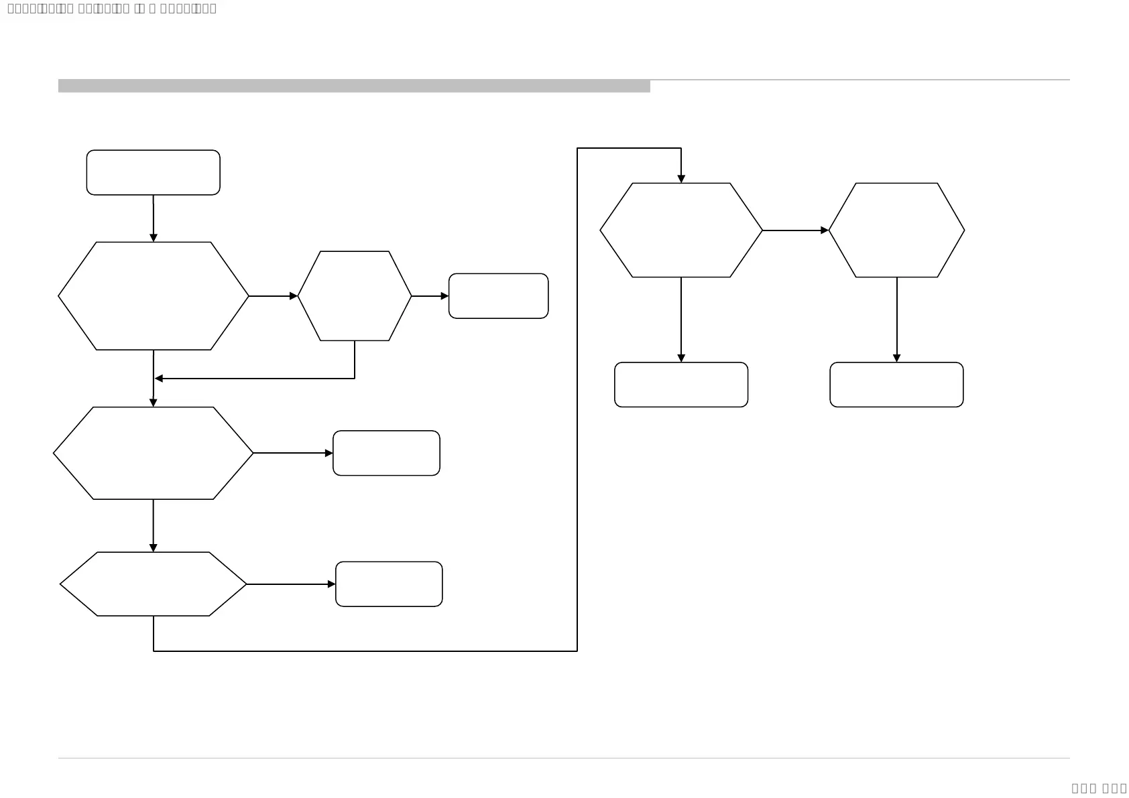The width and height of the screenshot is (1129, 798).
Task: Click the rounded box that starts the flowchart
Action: coord(153,172)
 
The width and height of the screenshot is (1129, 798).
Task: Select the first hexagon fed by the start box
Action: coord(153,295)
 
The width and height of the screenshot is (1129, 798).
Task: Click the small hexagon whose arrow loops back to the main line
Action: coord(354,295)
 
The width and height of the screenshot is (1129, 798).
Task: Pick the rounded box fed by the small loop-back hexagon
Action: coord(498,295)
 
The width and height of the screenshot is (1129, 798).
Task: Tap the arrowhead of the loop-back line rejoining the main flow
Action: coord(159,379)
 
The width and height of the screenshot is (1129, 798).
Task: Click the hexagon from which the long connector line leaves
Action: coord(153,584)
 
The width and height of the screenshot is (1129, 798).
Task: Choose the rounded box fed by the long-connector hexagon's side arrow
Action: coord(389,584)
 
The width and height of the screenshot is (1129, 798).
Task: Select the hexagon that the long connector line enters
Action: coord(680,230)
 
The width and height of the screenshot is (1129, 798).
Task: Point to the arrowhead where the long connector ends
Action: coord(681,179)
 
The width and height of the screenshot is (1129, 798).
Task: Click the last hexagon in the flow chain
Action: coord(896,230)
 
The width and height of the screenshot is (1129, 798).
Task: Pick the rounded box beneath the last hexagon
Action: coord(896,385)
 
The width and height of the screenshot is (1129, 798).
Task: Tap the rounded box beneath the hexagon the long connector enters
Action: coord(680,385)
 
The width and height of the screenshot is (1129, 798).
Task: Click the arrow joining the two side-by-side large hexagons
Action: coord(795,230)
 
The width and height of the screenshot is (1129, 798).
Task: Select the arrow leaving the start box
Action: coord(154,218)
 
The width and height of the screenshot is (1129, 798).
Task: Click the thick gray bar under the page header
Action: coord(354,86)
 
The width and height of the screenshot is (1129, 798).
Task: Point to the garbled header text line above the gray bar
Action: coord(111,9)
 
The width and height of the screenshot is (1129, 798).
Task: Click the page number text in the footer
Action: coord(1099,788)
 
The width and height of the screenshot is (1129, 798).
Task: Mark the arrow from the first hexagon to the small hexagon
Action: coord(273,296)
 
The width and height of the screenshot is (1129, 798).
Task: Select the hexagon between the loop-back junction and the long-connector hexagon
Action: coord(153,453)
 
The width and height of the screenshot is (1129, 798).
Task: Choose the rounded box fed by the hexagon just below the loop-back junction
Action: coord(386,453)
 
